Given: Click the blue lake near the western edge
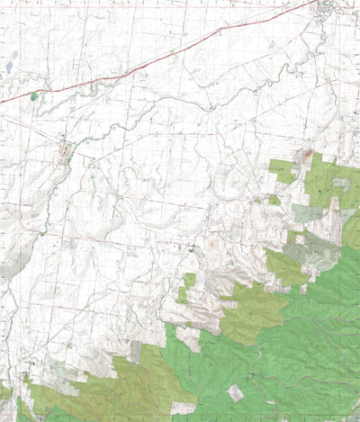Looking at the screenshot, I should pyautogui.click(x=9, y=67).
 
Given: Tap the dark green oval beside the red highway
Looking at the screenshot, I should pyautogui.click(x=34, y=96).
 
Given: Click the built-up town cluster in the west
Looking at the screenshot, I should pyautogui.click(x=66, y=150).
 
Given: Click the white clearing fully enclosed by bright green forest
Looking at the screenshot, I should pyautogui.click(x=235, y=392).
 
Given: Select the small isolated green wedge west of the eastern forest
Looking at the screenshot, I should pyautogui.click(x=274, y=200).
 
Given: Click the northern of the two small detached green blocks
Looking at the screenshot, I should pyautogui.click(x=190, y=279).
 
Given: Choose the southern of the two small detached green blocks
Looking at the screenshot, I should pyautogui.click(x=183, y=294).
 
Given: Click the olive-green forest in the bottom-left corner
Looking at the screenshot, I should pyautogui.click(x=81, y=396).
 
